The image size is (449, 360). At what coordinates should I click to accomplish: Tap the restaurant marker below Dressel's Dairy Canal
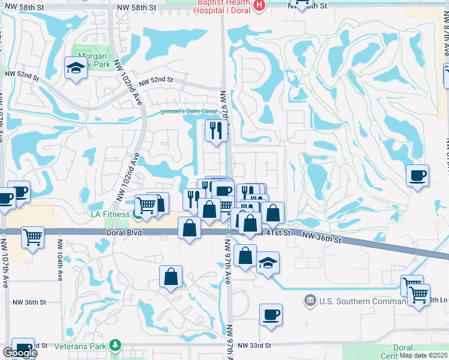(216, 130)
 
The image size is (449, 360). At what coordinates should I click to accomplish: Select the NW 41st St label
(277, 233)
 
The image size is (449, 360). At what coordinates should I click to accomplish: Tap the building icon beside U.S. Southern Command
(310, 299)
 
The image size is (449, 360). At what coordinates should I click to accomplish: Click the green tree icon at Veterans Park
(114, 346)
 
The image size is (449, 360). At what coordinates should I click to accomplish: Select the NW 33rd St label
(255, 346)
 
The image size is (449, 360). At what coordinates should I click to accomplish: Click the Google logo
(20, 353)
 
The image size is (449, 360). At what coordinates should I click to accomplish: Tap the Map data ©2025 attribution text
(423, 355)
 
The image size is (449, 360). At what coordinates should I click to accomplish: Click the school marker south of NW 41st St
(268, 262)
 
